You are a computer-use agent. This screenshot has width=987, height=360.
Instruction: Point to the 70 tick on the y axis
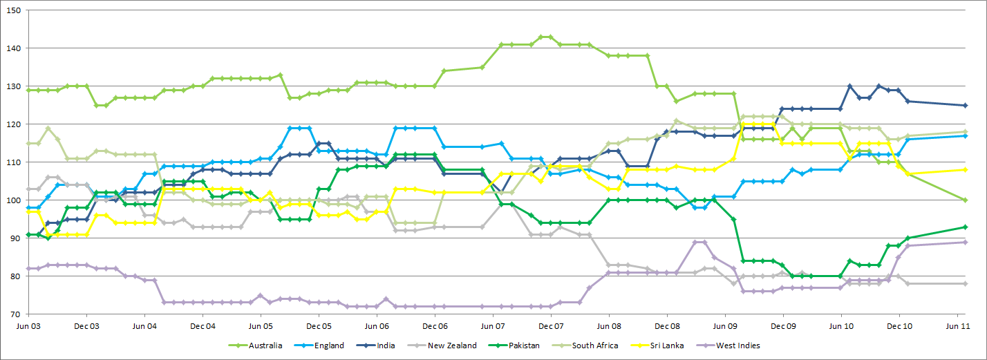coord(16,314)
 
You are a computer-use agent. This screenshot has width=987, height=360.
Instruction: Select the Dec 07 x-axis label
coord(550,325)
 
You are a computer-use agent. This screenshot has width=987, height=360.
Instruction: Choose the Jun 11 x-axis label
coord(957,325)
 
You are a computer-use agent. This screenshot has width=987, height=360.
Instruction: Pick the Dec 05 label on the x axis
coord(318,325)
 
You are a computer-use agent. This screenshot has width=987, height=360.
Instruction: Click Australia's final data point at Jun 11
coord(966,200)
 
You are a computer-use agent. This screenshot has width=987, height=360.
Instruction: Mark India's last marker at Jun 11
coord(966,105)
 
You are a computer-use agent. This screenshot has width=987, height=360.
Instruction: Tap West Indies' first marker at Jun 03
coord(28,268)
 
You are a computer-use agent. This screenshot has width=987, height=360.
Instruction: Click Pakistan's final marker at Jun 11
coord(966,227)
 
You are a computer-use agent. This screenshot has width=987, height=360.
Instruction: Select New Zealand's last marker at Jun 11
coord(966,283)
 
